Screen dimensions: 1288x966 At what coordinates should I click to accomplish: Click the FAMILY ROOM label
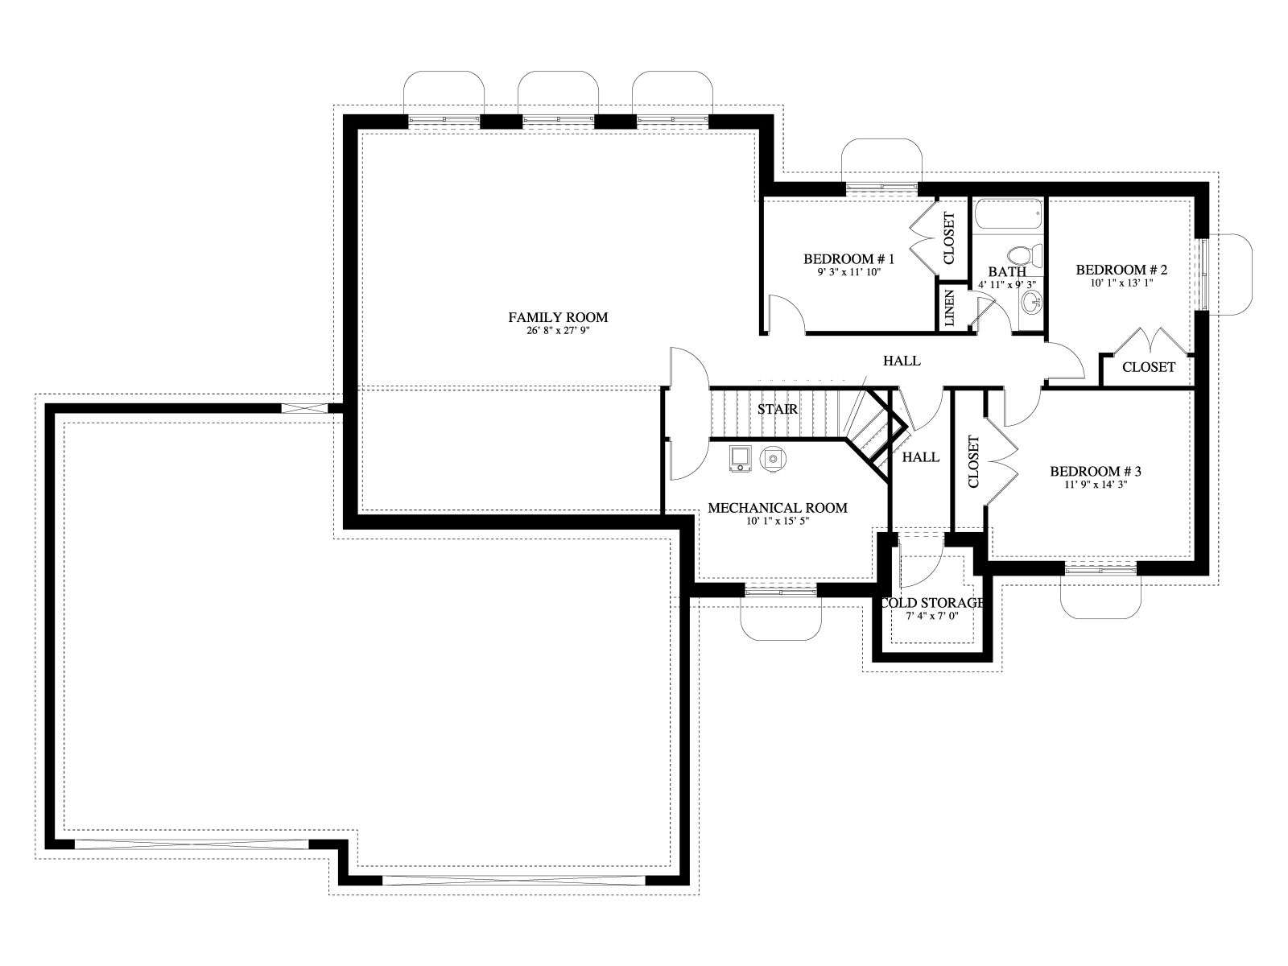[557, 317]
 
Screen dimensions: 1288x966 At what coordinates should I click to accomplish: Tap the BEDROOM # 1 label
[848, 258]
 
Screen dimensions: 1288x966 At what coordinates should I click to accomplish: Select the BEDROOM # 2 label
[1121, 270]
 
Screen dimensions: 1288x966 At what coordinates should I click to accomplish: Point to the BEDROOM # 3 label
[1095, 471]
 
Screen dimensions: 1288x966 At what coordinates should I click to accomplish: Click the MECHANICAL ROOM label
[778, 508]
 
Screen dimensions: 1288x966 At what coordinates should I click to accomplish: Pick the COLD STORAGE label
[932, 603]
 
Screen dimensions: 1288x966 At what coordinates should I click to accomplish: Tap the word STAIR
[778, 409]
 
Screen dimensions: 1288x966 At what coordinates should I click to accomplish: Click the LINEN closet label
[949, 308]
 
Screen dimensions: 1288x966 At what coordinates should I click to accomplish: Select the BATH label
[1007, 271]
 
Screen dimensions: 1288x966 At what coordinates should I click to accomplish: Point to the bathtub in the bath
[1008, 215]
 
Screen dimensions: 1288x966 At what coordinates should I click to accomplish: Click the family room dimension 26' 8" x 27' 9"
[557, 331]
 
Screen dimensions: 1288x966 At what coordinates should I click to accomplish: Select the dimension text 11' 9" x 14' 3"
[1095, 485]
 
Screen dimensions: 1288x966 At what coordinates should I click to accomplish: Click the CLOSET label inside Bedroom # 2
[1149, 367]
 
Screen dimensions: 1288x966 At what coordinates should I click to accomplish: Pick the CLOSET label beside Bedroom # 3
[973, 461]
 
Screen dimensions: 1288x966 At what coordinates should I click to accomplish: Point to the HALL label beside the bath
[902, 361]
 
